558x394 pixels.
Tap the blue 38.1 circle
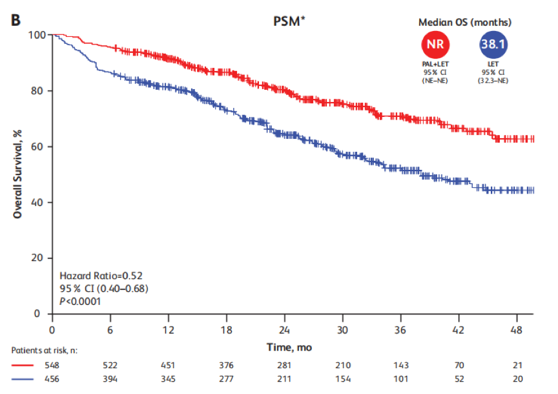coord(494,45)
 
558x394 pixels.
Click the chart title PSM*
coord(289,21)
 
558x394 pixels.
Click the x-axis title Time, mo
coord(289,347)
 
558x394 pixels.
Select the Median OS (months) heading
coord(465,22)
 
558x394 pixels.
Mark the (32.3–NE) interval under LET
coord(494,80)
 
